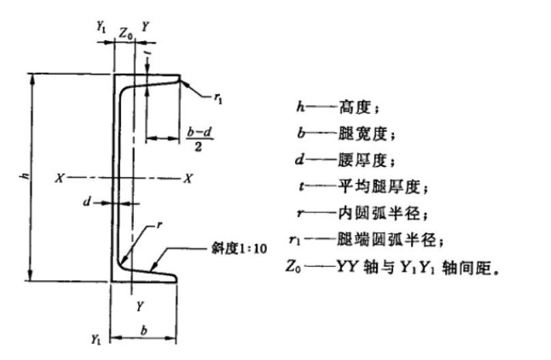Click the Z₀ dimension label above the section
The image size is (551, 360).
(126, 31)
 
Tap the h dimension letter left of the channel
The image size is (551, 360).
(25, 176)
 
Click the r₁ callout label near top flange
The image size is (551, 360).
(218, 99)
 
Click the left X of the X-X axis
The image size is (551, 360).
(61, 178)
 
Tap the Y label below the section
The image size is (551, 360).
(139, 305)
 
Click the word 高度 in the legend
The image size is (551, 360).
(358, 107)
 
